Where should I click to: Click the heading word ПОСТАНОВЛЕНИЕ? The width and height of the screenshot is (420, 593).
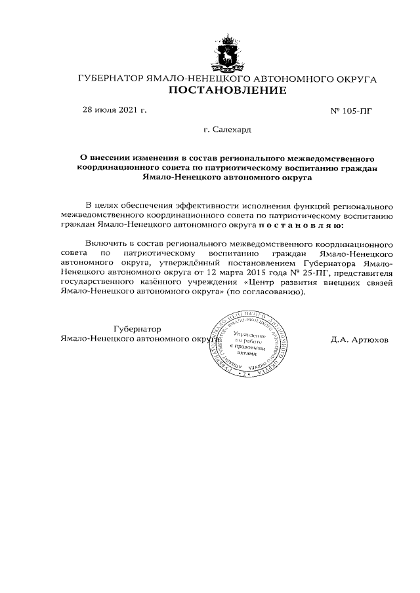pyautogui.click(x=228, y=90)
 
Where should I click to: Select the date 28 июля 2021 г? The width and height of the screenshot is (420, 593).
pyautogui.click(x=114, y=110)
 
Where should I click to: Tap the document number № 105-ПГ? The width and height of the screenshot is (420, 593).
pyautogui.click(x=350, y=111)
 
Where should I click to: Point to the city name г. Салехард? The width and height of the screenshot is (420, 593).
pyautogui.click(x=227, y=130)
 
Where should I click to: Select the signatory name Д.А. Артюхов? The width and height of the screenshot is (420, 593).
pyautogui.click(x=360, y=340)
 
